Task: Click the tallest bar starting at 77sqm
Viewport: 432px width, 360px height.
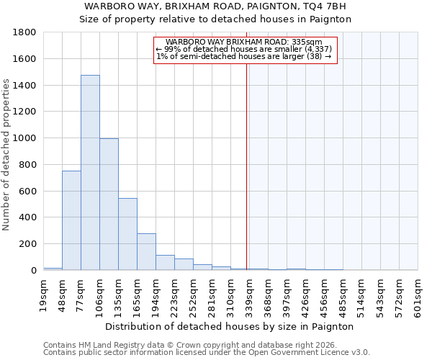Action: pos(90,173)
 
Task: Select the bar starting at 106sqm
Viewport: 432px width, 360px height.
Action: pos(109,204)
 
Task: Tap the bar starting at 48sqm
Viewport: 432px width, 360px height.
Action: pos(71,220)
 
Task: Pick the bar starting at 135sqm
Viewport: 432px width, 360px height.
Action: pos(127,234)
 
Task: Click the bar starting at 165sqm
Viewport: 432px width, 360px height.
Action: pos(146,252)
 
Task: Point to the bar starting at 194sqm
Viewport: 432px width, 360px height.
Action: pos(165,263)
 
